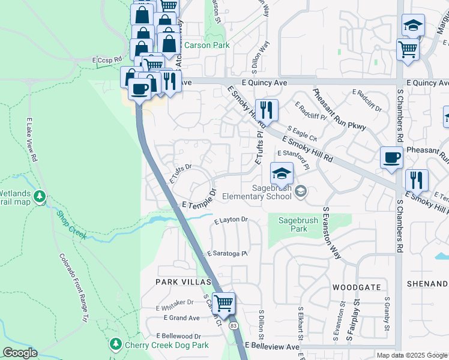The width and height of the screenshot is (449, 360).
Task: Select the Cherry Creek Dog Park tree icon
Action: pos(115,344)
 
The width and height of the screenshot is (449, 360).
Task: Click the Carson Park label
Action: pos(206,45)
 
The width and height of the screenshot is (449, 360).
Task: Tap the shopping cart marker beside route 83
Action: pos(223,303)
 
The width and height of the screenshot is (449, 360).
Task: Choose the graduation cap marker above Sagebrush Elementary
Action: pos(282,173)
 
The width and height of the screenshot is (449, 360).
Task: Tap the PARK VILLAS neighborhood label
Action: pos(183,281)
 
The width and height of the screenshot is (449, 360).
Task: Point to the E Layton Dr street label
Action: pos(231,220)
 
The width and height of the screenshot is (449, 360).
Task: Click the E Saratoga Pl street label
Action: pos(228,254)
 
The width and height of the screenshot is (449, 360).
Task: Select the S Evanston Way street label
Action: pos(333,233)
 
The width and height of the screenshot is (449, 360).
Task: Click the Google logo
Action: pos(20,353)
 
